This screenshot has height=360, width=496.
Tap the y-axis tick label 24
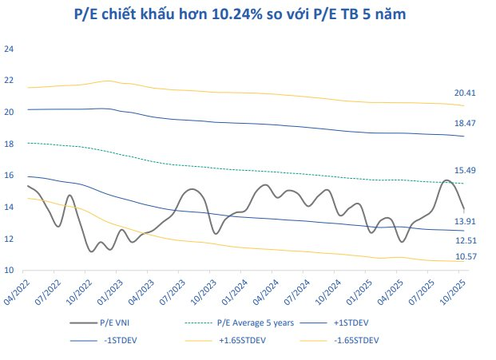[10, 49]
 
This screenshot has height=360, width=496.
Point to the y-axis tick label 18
[10, 144]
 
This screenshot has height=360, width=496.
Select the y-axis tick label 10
[10, 271]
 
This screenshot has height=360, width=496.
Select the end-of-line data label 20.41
[466, 93]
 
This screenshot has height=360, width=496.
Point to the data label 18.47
[466, 124]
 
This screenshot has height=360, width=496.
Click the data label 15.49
[466, 171]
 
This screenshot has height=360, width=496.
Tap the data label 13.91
[466, 221]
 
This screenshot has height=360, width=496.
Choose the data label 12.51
[466, 239]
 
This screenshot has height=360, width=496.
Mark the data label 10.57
[466, 256]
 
